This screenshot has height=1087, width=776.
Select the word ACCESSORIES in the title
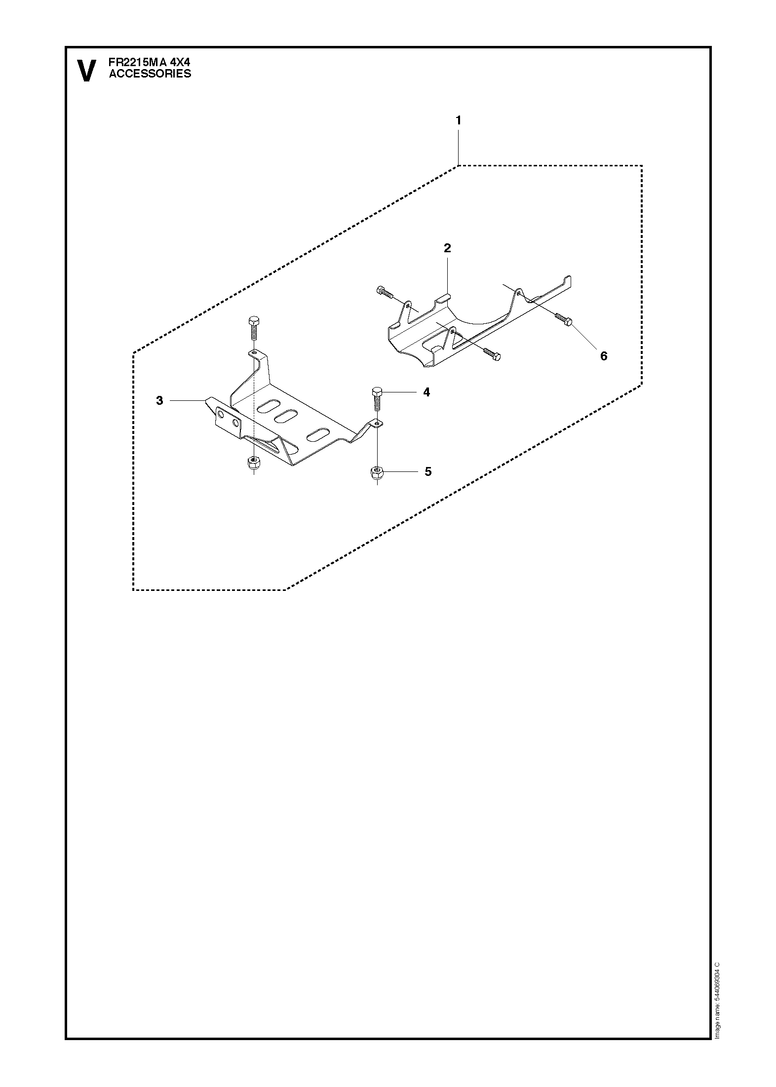coord(150,74)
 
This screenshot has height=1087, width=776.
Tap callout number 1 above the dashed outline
coord(459,120)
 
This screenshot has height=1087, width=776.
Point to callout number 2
coord(447,248)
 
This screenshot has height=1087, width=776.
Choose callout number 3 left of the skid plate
coord(159,400)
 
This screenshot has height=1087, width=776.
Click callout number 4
coord(427,392)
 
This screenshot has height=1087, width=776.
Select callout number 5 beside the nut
coord(428,471)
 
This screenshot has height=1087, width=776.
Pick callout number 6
coord(604,356)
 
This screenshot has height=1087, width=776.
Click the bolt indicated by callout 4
coord(375,399)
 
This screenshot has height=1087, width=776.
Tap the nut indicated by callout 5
coord(376,472)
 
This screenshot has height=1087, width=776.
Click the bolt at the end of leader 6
coord(563,319)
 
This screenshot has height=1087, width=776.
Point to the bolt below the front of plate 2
coord(492,353)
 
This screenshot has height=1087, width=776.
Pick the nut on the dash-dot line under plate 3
coord(253,463)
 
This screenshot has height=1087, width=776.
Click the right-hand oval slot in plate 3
coord(317,434)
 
